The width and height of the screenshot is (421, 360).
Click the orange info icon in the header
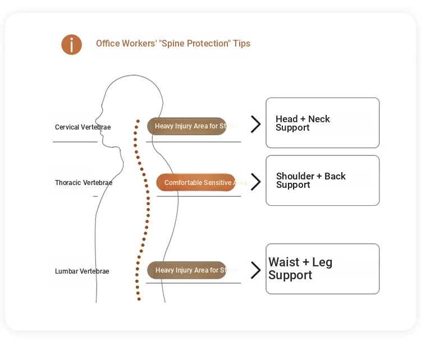(x=72, y=44)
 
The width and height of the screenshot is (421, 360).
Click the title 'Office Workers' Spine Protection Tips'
(x=173, y=44)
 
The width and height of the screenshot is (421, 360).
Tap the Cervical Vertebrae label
(x=83, y=127)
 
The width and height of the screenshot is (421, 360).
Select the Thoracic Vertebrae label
(x=84, y=183)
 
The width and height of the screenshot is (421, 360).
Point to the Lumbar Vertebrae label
(x=82, y=271)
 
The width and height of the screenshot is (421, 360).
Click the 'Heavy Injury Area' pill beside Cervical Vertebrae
(x=187, y=126)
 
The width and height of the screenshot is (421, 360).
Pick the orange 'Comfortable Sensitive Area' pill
(x=196, y=182)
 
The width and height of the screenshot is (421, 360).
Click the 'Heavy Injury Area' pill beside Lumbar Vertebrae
(x=187, y=270)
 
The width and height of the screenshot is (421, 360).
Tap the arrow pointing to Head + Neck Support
(x=255, y=124)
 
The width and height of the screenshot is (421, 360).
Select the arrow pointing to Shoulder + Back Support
(x=255, y=182)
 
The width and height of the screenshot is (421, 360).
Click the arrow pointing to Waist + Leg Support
(x=255, y=270)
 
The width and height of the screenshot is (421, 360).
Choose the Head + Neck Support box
(x=322, y=123)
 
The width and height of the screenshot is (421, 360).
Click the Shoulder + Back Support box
(x=322, y=181)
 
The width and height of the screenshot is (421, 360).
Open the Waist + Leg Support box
(x=322, y=269)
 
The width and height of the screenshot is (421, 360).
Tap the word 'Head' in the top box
(x=286, y=119)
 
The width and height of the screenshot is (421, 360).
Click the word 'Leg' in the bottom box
(x=322, y=262)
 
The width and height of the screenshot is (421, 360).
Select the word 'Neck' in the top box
(x=319, y=119)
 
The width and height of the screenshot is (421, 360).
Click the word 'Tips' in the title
(x=242, y=44)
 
